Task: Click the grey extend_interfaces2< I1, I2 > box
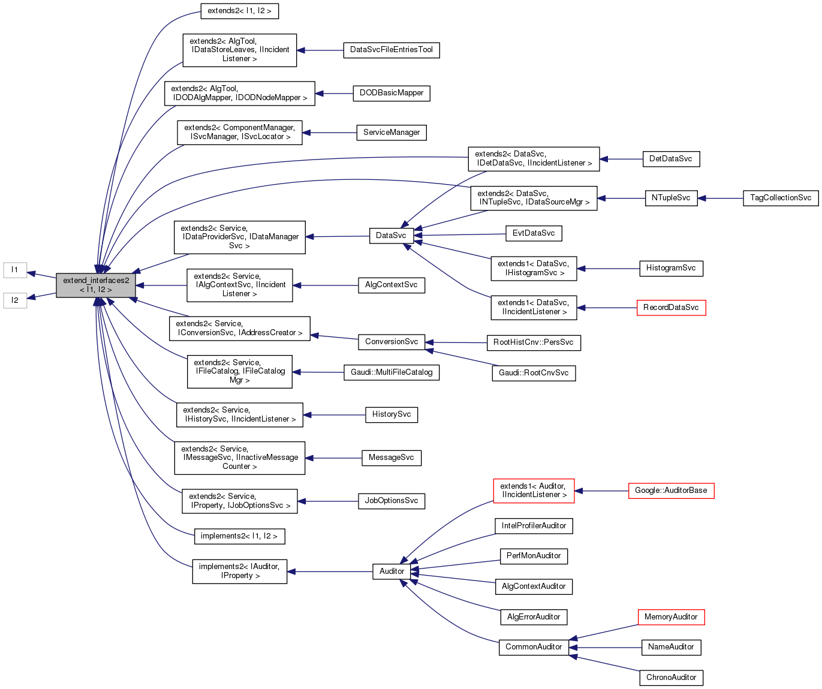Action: pyautogui.click(x=96, y=285)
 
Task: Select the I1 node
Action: pyautogui.click(x=15, y=270)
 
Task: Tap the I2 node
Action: pyautogui.click(x=15, y=300)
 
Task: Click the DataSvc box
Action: pyautogui.click(x=391, y=236)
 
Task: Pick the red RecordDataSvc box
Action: pyautogui.click(x=671, y=308)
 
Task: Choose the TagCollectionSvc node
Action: pyautogui.click(x=781, y=198)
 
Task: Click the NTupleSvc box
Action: pyautogui.click(x=671, y=198)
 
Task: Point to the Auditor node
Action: pyautogui.click(x=392, y=571)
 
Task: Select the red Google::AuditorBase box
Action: pyautogui.click(x=671, y=491)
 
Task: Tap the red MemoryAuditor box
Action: pyautogui.click(x=671, y=617)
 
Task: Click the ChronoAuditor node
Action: pyautogui.click(x=671, y=678)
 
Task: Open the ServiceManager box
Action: pyautogui.click(x=392, y=133)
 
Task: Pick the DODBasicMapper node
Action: pyautogui.click(x=392, y=94)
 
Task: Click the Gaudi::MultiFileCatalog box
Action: pyautogui.click(x=392, y=372)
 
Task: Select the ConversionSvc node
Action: pyautogui.click(x=392, y=342)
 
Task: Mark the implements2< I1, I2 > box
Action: pyautogui.click(x=239, y=536)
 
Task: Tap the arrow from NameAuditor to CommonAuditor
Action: pyautogui.click(x=606, y=648)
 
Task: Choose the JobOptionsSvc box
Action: pyautogui.click(x=392, y=501)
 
